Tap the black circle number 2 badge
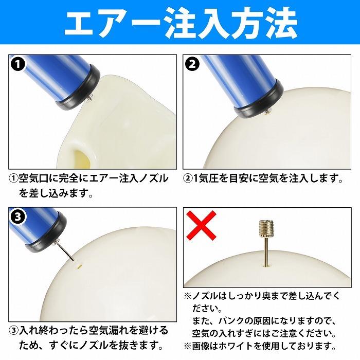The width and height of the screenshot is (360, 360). pos(192,65)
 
